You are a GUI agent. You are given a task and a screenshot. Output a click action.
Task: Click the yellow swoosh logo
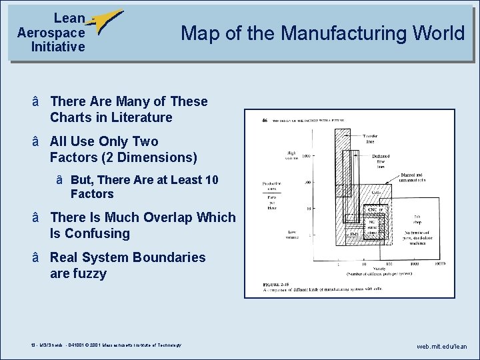[107, 21]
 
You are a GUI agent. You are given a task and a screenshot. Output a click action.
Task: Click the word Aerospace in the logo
[51, 33]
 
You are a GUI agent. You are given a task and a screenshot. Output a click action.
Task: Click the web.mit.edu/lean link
[441, 347]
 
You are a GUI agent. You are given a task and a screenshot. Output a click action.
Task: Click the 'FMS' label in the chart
[355, 234]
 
